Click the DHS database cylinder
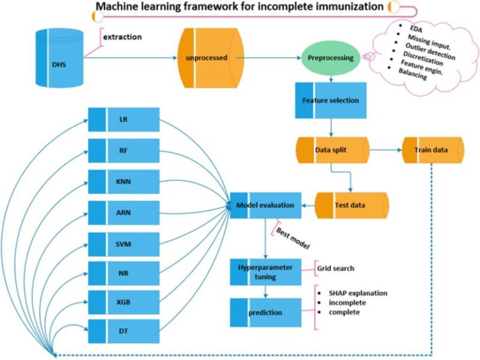point(59,58)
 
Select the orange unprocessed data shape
point(211,58)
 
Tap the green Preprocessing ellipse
point(331,58)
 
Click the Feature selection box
point(331,101)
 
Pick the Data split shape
point(332,150)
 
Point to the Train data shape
point(433,150)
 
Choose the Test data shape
point(352,205)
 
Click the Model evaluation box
point(266,205)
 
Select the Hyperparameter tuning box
point(266,272)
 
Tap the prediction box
point(266,312)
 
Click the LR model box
point(124,119)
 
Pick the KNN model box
point(124,181)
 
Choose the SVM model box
point(124,244)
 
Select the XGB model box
point(124,302)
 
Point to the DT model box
point(124,331)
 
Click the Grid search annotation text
point(336,269)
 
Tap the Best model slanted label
point(293,238)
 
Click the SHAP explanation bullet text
point(358,293)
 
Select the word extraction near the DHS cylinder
point(122,37)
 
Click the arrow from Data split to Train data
point(386,150)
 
